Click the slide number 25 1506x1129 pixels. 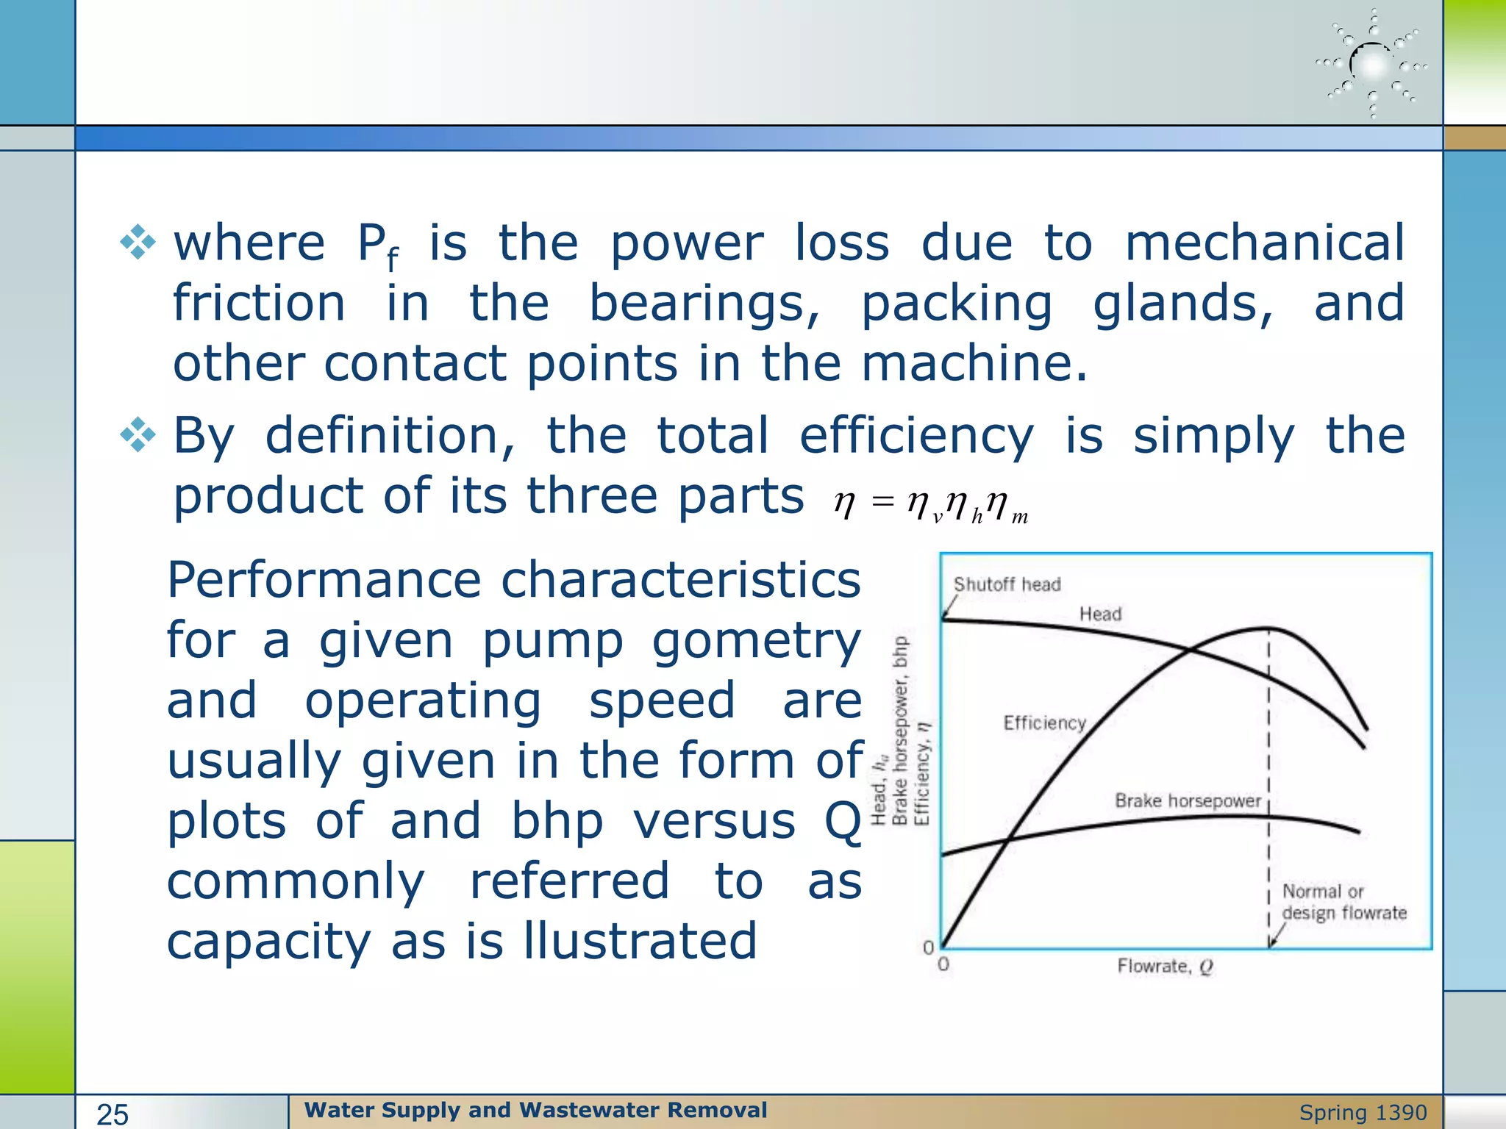[x=113, y=1114]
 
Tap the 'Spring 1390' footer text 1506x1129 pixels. [x=1363, y=1113]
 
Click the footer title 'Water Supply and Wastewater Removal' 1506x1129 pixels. [x=535, y=1110]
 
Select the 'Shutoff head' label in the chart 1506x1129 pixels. [x=1007, y=584]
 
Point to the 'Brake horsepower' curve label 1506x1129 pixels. [x=1187, y=800]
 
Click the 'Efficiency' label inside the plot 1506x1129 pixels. [x=1044, y=723]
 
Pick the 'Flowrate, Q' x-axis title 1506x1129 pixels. [x=1165, y=966]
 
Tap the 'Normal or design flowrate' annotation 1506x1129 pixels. [x=1343, y=902]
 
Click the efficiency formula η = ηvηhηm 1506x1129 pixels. [x=930, y=505]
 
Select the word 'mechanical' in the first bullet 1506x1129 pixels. [x=1264, y=243]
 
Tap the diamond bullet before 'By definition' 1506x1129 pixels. [x=138, y=435]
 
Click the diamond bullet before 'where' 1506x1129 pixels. [x=138, y=243]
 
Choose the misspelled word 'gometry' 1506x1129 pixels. [x=756, y=641]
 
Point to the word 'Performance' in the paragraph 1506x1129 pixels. [x=324, y=580]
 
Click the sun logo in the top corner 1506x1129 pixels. [x=1371, y=65]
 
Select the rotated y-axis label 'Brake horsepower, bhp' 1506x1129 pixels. [x=900, y=731]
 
